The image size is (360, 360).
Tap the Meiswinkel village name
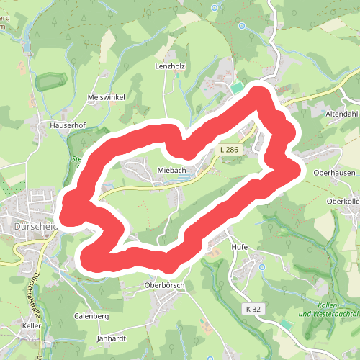(106, 97)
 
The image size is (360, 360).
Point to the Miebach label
(172, 170)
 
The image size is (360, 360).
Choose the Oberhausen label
(333, 173)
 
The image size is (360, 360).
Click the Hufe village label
(239, 247)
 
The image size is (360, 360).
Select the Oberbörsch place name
(164, 285)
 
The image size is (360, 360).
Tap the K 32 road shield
(252, 309)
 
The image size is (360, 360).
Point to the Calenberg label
(91, 316)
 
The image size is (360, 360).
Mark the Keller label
(32, 326)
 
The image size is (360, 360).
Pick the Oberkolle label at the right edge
(343, 202)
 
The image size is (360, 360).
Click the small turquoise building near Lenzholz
(237, 88)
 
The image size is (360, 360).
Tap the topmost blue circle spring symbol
(214, 7)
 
